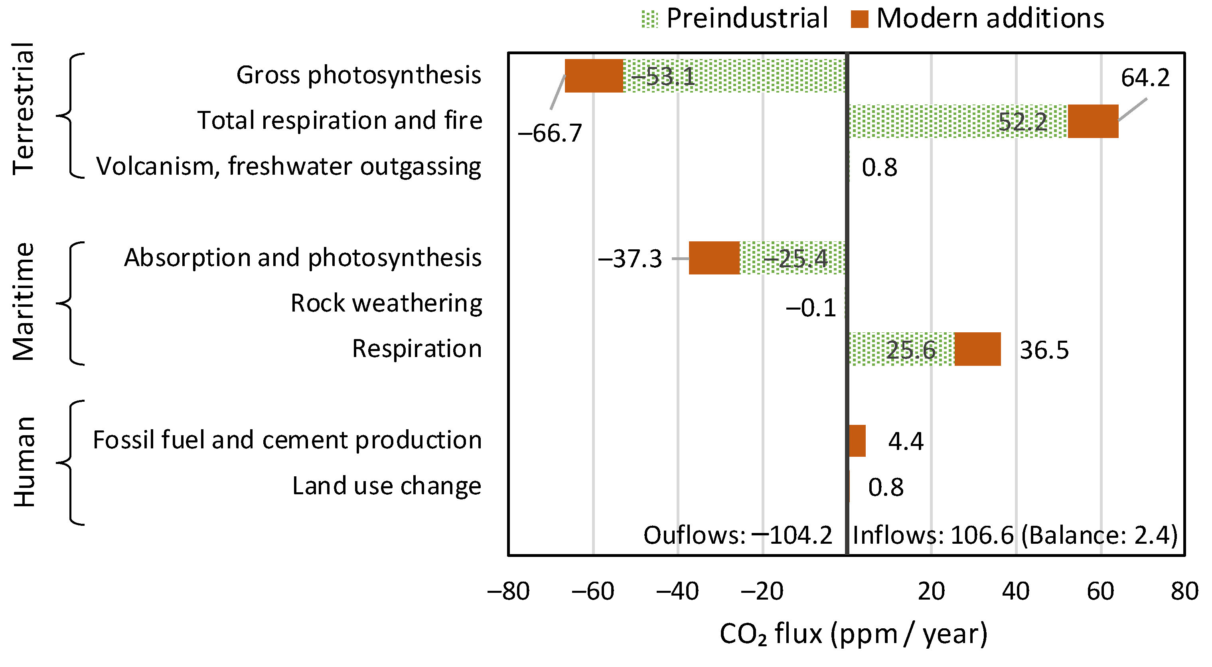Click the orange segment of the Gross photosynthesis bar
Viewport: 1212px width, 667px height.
click(x=594, y=76)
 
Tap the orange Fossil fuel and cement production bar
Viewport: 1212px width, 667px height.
click(x=857, y=441)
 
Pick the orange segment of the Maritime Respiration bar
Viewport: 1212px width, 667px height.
click(x=977, y=349)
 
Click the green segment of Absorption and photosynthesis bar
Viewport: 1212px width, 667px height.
click(x=792, y=258)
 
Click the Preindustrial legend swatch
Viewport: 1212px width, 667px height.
click(x=650, y=19)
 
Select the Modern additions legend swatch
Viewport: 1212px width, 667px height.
click(x=859, y=19)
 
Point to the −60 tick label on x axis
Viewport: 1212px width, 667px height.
click(x=593, y=592)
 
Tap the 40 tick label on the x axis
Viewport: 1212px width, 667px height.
click(x=1015, y=592)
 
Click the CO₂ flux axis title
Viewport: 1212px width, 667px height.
click(x=853, y=634)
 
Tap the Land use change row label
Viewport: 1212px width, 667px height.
click(x=387, y=486)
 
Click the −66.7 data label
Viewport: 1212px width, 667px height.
click(x=549, y=133)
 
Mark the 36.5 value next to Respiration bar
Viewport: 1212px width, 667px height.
click(x=1044, y=350)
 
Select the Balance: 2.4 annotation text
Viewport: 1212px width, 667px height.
click(x=1099, y=535)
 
